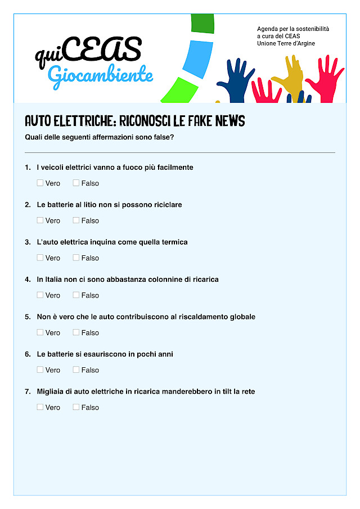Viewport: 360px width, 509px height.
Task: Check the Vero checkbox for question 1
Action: (x=40, y=183)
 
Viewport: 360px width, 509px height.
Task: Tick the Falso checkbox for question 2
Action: (x=76, y=220)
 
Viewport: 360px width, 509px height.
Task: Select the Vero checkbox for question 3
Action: (x=40, y=258)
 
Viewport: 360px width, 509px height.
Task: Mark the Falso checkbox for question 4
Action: (x=76, y=295)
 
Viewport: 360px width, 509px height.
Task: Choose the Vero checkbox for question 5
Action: (x=40, y=332)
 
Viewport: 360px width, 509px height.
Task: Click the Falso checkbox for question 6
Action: (x=76, y=370)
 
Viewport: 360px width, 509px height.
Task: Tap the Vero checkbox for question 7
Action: (x=40, y=407)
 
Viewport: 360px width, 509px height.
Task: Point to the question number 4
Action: (x=28, y=280)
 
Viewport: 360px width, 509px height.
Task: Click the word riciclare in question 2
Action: (x=166, y=205)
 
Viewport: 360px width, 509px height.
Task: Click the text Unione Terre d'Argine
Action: (x=286, y=44)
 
